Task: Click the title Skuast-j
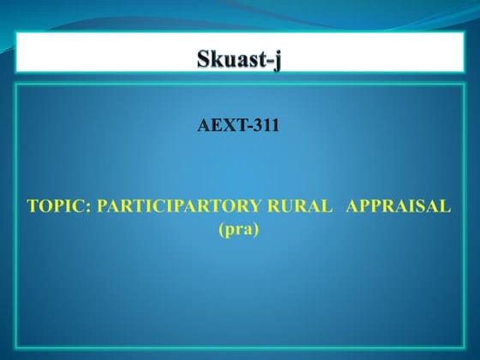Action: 239,61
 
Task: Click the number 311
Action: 267,129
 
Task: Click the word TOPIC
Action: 51,207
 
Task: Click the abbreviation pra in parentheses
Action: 239,230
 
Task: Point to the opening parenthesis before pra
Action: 223,230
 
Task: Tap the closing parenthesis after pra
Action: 255,230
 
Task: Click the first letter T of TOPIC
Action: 33,207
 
